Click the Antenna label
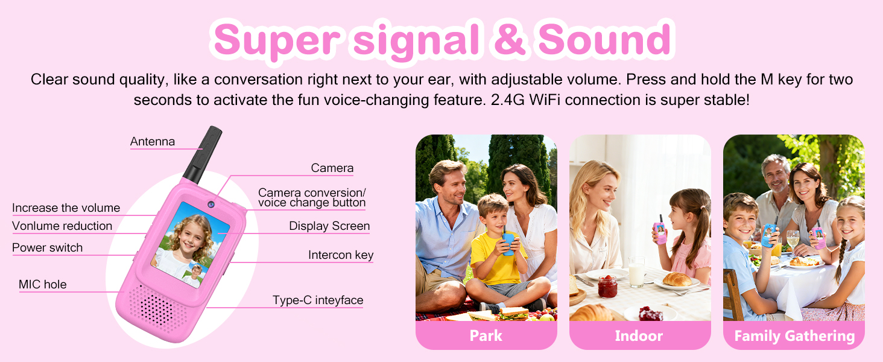153,142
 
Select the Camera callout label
332,168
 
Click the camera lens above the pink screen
211,205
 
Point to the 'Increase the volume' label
66,208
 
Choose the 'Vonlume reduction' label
62,226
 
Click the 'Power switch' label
47,247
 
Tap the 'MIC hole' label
43,284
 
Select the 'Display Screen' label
329,226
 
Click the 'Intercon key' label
341,255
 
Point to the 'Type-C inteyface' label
318,300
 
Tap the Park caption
486,335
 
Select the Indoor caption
639,335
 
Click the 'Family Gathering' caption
794,336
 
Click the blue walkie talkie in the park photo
508,244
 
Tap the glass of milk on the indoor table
636,272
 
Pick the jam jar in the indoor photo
607,287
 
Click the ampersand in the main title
509,39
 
